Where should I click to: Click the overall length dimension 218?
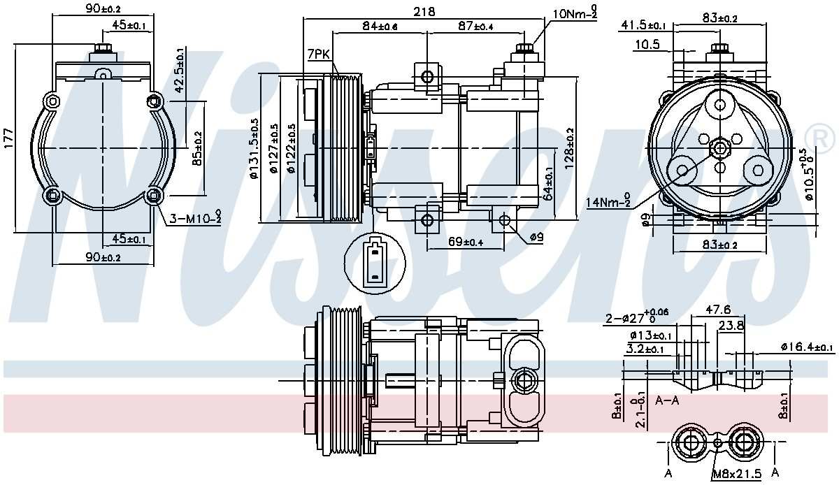pyautogui.click(x=424, y=12)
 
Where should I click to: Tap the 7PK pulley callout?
pyautogui.click(x=318, y=54)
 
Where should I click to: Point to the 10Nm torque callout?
pyautogui.click(x=575, y=13)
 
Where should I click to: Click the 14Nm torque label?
pyautogui.click(x=608, y=203)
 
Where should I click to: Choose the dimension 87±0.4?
pyautogui.click(x=475, y=27)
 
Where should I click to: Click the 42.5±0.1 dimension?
pyautogui.click(x=180, y=71)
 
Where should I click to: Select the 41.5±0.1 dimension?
pyautogui.click(x=643, y=26)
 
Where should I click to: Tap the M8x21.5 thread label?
pyautogui.click(x=736, y=475)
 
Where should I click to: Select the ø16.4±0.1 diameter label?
pyautogui.click(x=807, y=347)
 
